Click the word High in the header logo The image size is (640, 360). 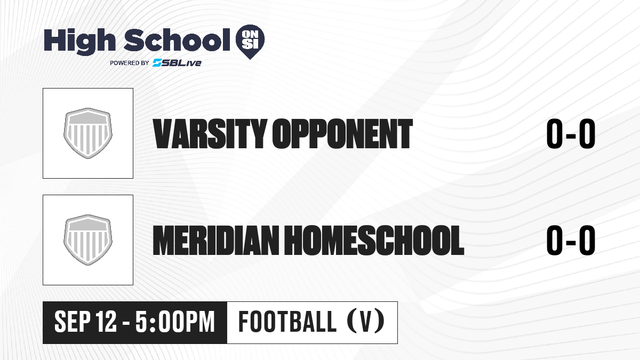point(79,42)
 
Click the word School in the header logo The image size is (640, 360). point(177,39)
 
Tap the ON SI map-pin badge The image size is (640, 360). point(250,42)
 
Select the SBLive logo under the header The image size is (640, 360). point(177,63)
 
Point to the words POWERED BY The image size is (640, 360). point(130,63)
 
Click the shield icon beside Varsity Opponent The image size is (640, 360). point(88,133)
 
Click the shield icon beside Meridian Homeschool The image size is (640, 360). point(88,240)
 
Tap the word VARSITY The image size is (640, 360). point(210,134)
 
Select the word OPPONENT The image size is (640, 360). point(342,134)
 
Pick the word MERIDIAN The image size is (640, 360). point(215,241)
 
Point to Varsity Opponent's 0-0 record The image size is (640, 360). point(571,134)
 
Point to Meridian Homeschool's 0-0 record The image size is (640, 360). point(571,241)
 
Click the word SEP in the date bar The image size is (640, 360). point(73,322)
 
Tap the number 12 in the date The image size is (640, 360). point(106,322)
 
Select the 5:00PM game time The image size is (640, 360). point(175,322)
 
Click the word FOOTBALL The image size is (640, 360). point(287,322)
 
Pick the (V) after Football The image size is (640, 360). point(366,322)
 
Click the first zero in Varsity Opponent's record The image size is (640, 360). point(555,134)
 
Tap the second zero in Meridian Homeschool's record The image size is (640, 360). point(587,241)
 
